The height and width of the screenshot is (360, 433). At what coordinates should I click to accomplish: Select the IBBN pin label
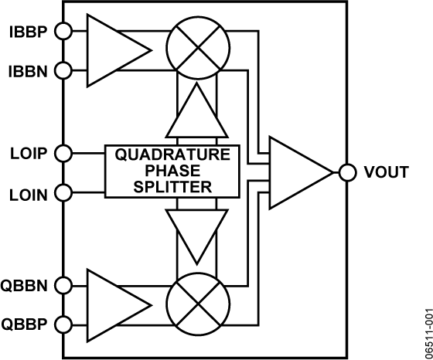tap(27, 71)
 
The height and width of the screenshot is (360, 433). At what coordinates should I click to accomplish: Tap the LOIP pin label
tap(27, 153)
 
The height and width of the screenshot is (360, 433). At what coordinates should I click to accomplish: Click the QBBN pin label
tap(27, 285)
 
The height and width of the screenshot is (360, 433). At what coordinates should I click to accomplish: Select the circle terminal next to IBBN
tap(63, 71)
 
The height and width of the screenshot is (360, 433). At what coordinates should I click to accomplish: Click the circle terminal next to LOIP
tap(63, 153)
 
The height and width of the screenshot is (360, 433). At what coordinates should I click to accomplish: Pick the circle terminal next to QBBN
tap(63, 285)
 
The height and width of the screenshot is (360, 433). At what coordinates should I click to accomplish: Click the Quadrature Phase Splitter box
tap(172, 171)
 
